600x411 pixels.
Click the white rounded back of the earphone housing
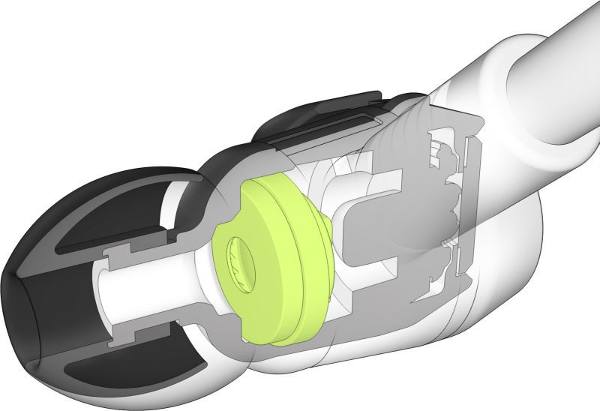tap(517, 247)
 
